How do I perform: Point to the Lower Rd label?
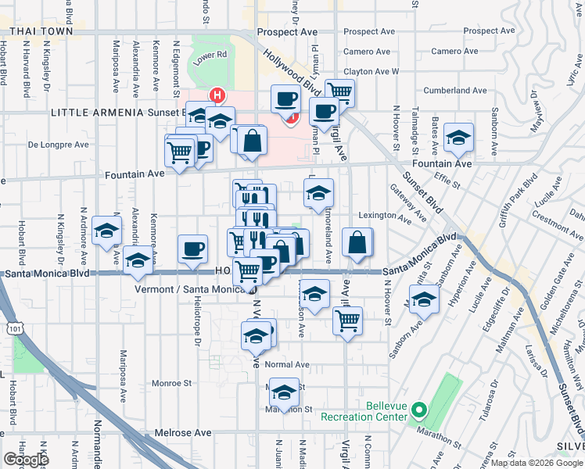pyautogui.click(x=210, y=55)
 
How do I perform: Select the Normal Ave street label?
pyautogui.click(x=288, y=364)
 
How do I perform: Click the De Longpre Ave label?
pyautogui.click(x=59, y=145)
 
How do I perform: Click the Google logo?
pyautogui.click(x=27, y=459)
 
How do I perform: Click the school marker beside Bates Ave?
pyautogui.click(x=458, y=138)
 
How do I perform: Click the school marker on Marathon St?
pyautogui.click(x=285, y=390)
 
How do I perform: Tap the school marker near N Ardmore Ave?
pyautogui.click(x=107, y=231)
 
